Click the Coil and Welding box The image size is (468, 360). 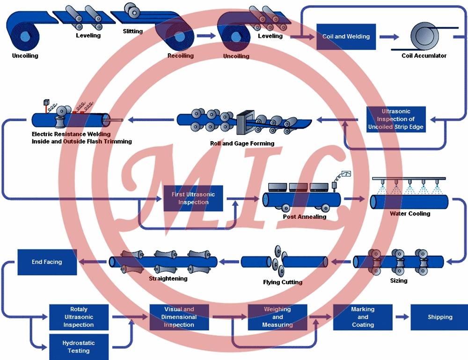(x=346, y=36)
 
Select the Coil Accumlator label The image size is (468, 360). (x=424, y=56)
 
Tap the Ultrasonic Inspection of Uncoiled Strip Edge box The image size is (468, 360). (x=396, y=119)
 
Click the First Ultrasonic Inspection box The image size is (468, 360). (x=193, y=198)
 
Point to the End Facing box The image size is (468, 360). (x=47, y=262)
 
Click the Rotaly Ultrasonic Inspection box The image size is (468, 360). (x=79, y=317)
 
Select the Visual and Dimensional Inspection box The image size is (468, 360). (x=179, y=317)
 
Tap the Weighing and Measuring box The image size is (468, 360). (x=277, y=317)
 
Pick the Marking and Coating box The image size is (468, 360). (x=363, y=317)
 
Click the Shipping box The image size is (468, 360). (x=439, y=317)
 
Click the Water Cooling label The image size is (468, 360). (x=410, y=214)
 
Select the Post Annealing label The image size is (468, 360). (x=305, y=217)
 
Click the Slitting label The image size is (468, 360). (x=132, y=31)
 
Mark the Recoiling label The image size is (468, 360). (x=180, y=56)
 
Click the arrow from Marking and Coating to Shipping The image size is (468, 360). (x=402, y=317)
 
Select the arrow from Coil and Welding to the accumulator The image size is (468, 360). (x=390, y=36)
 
